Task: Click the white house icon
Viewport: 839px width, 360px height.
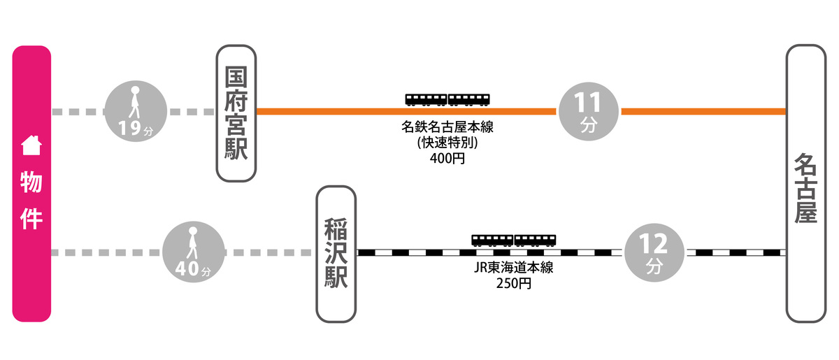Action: (31, 145)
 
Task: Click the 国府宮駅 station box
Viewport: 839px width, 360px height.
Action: (236, 113)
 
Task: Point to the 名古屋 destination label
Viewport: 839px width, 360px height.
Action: (805, 188)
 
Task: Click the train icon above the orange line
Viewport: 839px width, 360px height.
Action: (447, 99)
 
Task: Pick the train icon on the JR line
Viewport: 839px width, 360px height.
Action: (514, 240)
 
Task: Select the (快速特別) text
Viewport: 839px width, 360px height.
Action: (447, 143)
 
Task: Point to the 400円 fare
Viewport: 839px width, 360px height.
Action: (447, 159)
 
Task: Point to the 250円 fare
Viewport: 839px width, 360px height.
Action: (514, 284)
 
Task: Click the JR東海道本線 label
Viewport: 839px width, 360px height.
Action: (514, 268)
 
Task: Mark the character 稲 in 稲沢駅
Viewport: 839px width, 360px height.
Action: (336, 229)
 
